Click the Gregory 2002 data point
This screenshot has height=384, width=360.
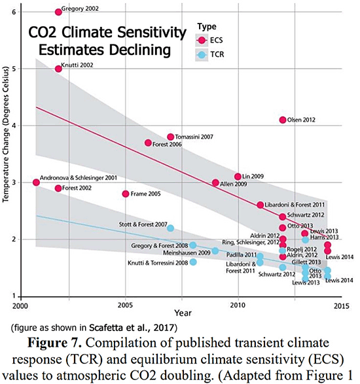tap(58, 12)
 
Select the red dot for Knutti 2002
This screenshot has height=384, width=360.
tap(58, 69)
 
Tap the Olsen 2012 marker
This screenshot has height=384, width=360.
tap(283, 120)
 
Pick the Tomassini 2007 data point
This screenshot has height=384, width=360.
tap(171, 137)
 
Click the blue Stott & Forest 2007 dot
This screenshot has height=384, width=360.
tap(170, 228)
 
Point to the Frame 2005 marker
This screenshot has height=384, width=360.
tap(126, 194)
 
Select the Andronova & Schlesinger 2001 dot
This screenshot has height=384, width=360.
tap(36, 182)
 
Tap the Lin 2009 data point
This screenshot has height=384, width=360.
tap(238, 177)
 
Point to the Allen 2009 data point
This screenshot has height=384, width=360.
tap(215, 183)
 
